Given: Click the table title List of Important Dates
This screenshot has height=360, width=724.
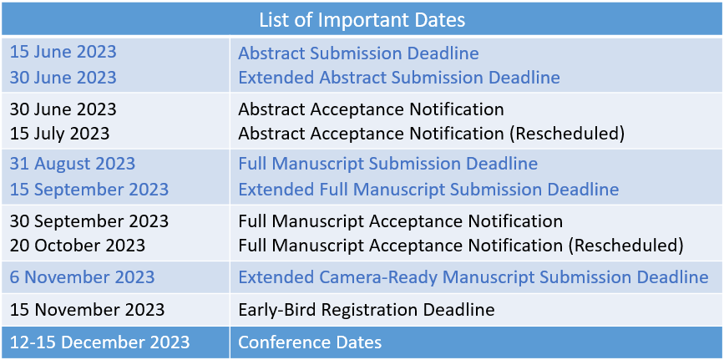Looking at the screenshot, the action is tap(362, 20).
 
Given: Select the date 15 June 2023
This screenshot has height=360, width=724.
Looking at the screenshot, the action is tap(63, 52).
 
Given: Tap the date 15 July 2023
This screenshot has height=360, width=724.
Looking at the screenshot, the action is tap(59, 134).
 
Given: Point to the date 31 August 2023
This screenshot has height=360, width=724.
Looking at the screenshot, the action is tap(73, 164).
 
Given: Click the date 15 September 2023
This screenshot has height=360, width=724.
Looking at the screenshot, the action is tap(89, 190).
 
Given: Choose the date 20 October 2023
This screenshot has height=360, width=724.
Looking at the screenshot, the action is tap(78, 246).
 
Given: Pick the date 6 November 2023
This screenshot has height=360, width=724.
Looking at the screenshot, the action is tap(82, 277).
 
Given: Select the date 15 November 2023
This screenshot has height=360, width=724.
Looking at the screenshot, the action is tap(88, 309).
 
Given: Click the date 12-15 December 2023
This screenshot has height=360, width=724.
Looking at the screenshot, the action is tap(99, 342).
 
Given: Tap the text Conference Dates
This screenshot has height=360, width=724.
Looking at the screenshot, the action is tap(310, 342).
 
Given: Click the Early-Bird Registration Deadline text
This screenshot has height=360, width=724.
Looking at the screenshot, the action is tap(366, 309).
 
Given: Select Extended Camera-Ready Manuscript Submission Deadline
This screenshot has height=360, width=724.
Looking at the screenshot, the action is tap(473, 277).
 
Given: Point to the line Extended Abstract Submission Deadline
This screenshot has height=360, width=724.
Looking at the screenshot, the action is tap(399, 77).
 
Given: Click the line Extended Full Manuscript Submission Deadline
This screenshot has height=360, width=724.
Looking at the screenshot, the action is tap(428, 190).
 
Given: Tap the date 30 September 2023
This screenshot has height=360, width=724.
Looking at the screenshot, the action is tap(89, 221).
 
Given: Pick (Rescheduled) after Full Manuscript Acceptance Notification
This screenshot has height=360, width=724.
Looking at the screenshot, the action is tap(625, 246).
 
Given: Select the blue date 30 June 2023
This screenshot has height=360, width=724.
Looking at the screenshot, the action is tap(63, 77).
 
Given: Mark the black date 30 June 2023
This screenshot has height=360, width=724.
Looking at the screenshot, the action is tap(63, 109).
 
